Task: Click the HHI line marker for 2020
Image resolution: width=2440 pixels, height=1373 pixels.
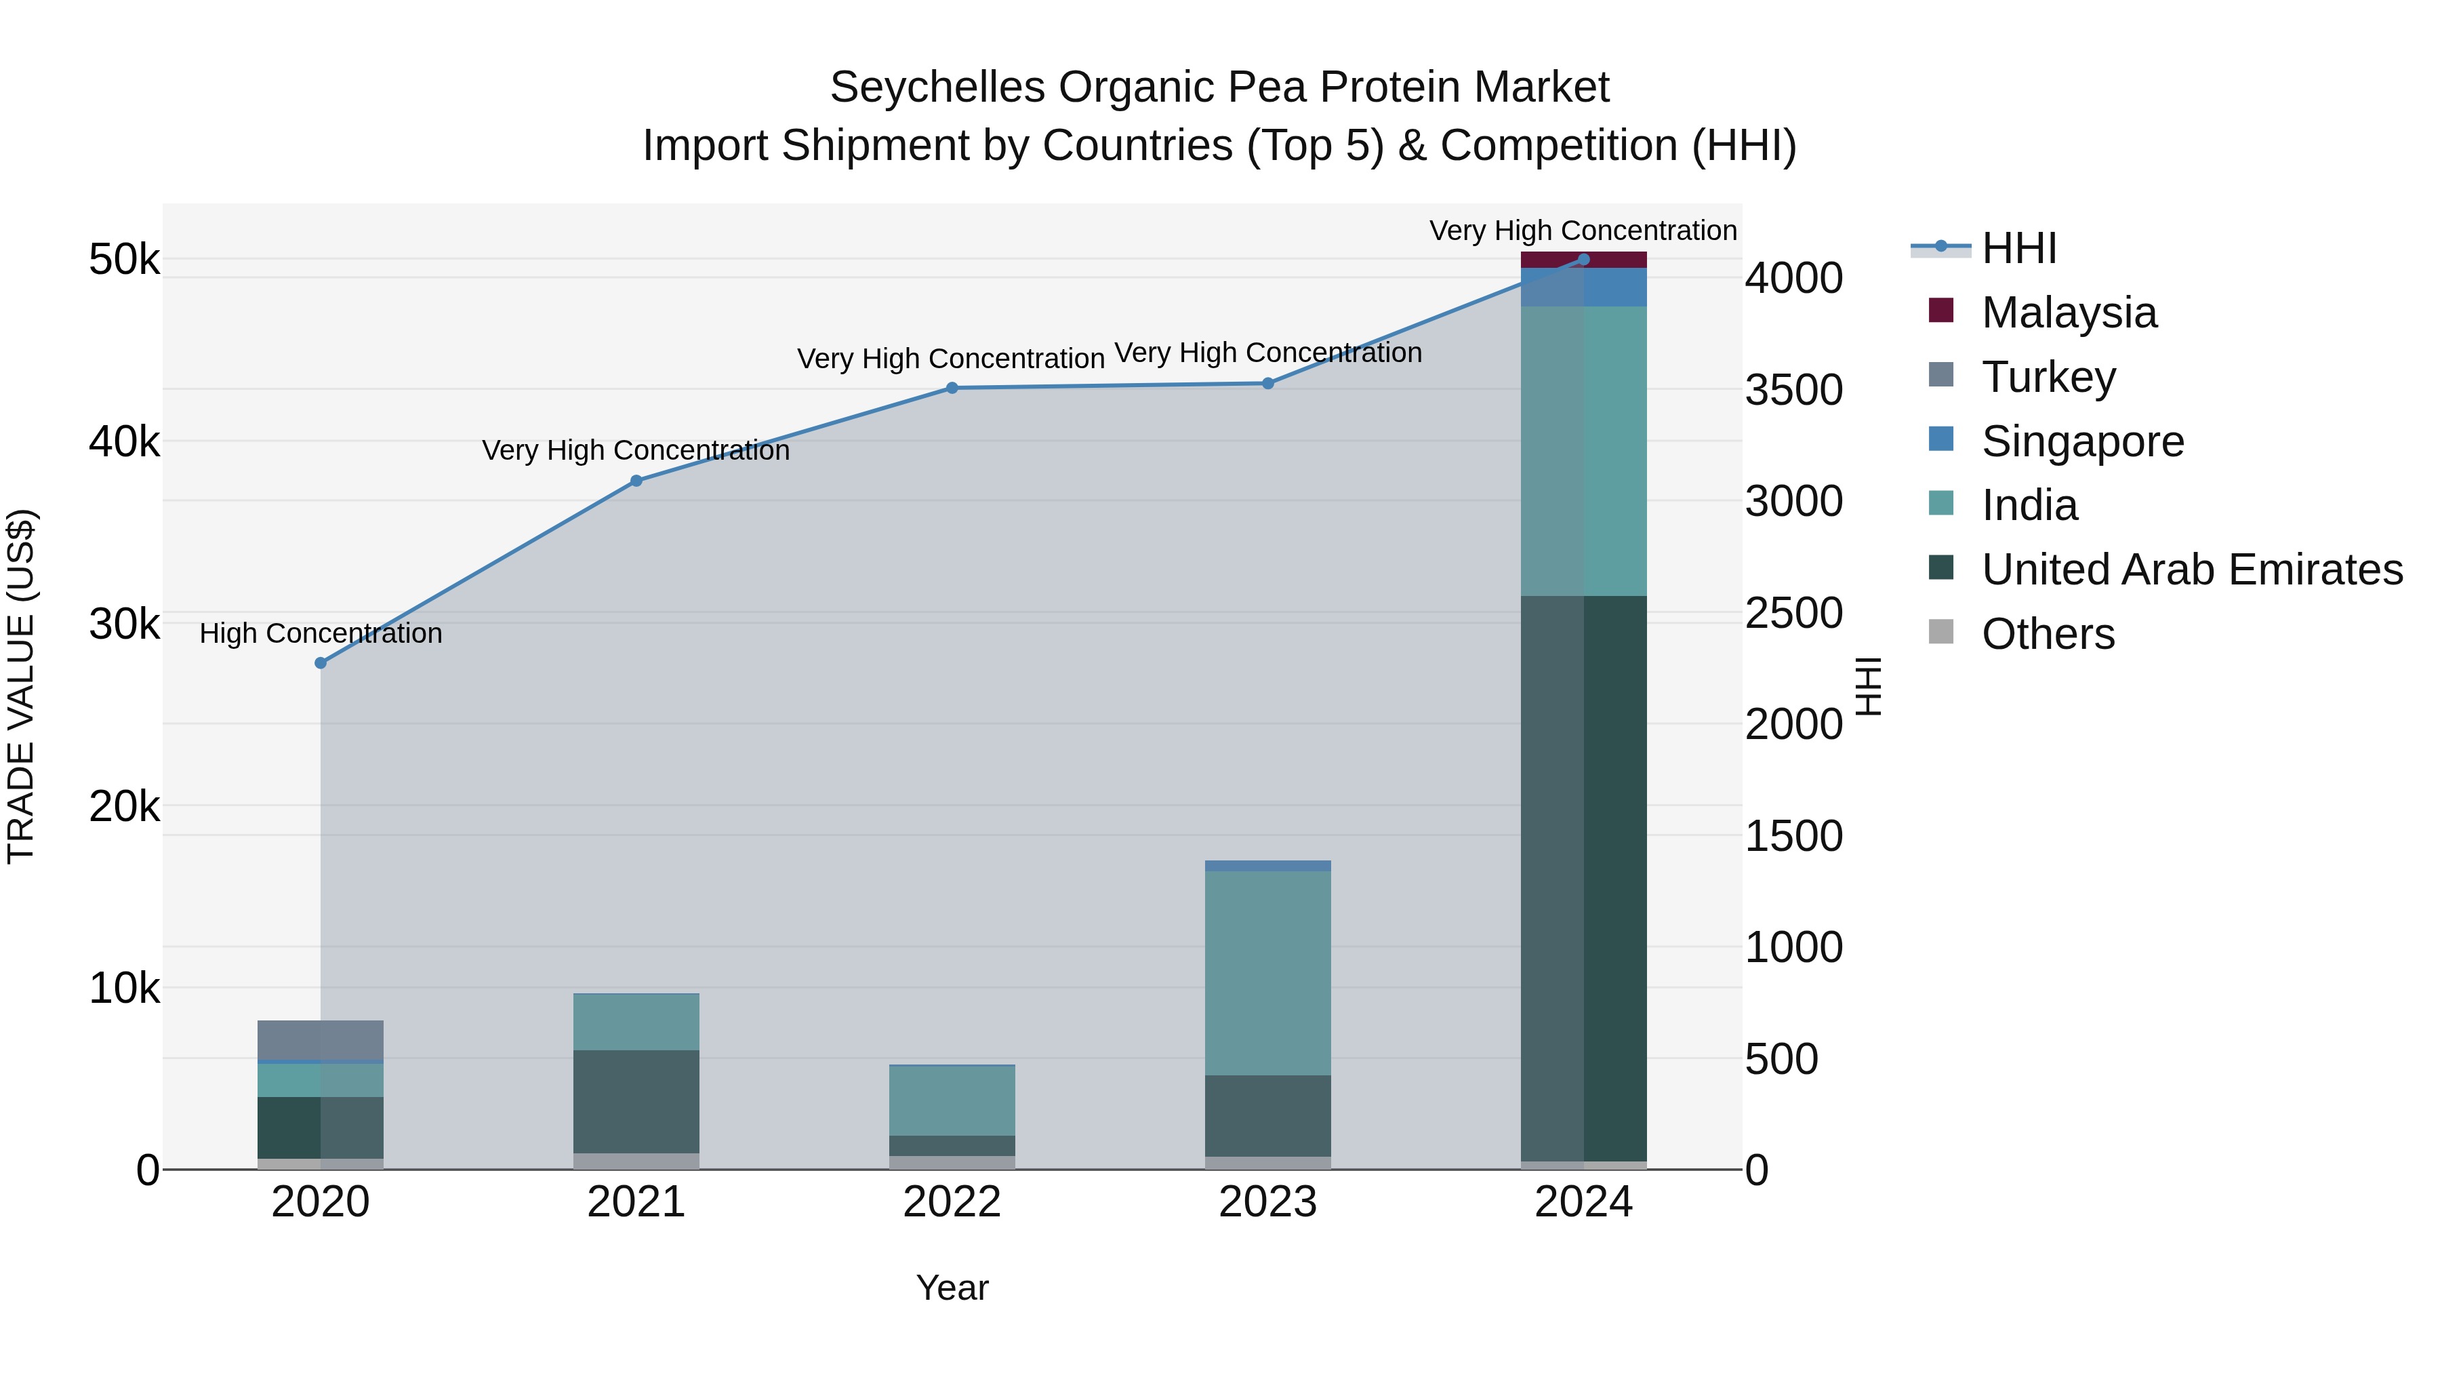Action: pos(320,663)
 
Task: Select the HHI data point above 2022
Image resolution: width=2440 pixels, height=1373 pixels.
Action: pos(952,388)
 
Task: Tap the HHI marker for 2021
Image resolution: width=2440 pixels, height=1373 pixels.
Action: pos(636,481)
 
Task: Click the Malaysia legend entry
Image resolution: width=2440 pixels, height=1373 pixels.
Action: pos(2068,312)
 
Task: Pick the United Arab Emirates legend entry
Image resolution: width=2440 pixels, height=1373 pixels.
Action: pos(2191,570)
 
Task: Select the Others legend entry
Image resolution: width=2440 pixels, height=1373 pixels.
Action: pos(2047,634)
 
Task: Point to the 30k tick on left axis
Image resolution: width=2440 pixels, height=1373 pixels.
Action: pos(124,624)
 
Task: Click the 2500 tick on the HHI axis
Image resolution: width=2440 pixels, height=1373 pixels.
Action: pos(1793,613)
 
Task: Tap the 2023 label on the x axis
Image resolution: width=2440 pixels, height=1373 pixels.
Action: pos(1267,1202)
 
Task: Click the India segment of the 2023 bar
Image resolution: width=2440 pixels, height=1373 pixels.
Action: pos(1267,972)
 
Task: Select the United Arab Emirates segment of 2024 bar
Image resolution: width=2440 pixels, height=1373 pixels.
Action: pos(1584,877)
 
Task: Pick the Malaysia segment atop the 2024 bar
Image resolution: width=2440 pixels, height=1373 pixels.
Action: pos(1584,260)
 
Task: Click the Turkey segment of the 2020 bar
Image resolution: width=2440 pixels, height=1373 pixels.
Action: pos(320,1039)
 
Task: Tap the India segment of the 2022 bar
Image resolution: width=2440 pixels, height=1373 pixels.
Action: pos(952,1100)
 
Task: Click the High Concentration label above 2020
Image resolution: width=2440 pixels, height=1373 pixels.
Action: pos(320,633)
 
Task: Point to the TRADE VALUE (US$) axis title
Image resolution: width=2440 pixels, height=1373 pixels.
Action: pos(21,686)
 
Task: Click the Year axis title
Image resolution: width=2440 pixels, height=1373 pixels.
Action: pos(952,1288)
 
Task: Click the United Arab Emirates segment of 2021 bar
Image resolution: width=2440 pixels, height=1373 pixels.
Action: pos(636,1101)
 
